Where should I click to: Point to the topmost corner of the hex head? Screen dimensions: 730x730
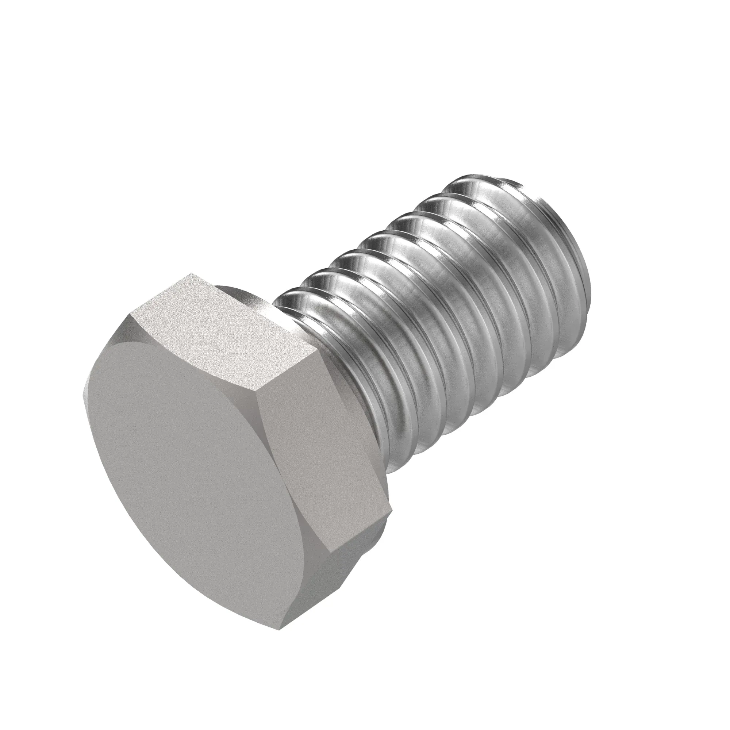coord(192,273)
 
